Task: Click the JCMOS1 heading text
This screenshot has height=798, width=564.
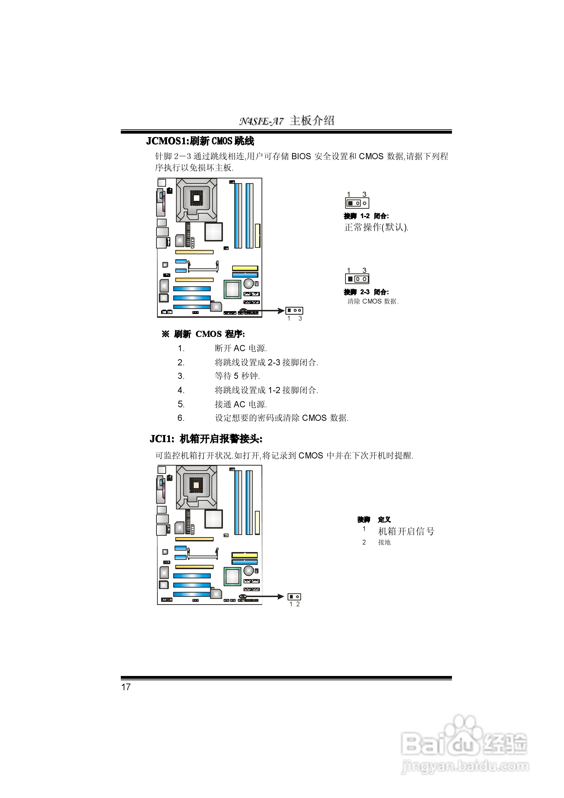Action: click(x=200, y=141)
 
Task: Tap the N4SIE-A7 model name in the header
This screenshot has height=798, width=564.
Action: click(x=261, y=121)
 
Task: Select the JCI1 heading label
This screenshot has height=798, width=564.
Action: click(x=206, y=439)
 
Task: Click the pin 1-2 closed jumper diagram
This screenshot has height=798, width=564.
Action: click(x=357, y=203)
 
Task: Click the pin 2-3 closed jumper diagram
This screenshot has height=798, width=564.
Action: click(x=357, y=279)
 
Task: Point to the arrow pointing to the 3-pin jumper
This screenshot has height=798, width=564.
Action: click(x=264, y=311)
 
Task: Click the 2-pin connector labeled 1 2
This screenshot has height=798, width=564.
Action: click(x=294, y=597)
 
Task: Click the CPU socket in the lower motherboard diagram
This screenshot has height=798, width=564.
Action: click(x=196, y=487)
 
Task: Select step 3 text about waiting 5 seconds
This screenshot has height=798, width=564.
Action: click(x=237, y=376)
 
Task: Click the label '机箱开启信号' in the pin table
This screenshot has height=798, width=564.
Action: click(x=406, y=531)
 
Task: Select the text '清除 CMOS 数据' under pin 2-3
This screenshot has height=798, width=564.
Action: click(x=373, y=301)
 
